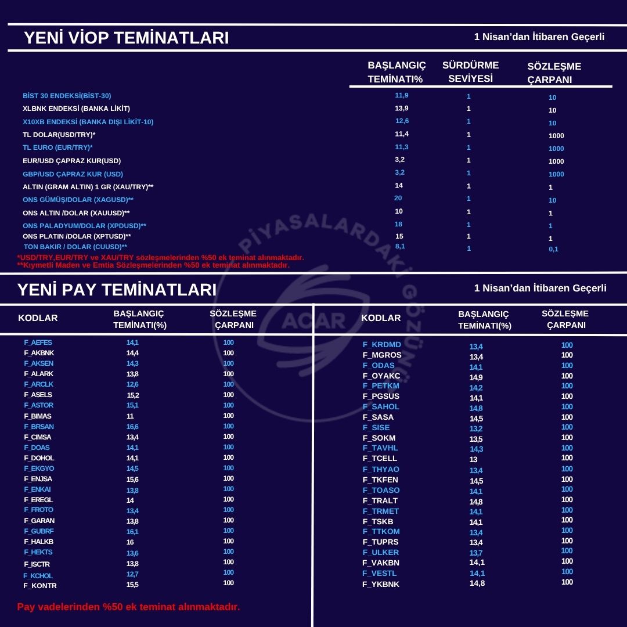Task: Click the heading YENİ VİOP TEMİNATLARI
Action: (126, 38)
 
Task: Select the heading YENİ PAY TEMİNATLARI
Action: (117, 290)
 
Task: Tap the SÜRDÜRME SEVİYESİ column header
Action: (470, 71)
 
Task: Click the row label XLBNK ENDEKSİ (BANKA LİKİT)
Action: (76, 109)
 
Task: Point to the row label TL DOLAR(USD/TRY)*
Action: (59, 135)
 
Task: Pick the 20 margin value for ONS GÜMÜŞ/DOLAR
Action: (398, 199)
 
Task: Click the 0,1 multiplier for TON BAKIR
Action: (553, 250)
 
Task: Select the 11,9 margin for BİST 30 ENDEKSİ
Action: (402, 95)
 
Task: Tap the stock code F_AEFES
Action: (38, 343)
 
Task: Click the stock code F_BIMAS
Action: (38, 416)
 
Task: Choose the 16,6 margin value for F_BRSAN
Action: (132, 427)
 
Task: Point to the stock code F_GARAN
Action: (39, 521)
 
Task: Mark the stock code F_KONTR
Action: (40, 585)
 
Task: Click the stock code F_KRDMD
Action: (382, 345)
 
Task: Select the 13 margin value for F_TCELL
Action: (474, 459)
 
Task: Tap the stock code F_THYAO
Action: (381, 469)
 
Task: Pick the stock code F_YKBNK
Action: (381, 584)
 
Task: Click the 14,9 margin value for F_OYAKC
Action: (476, 377)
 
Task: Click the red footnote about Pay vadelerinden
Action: (128, 607)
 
